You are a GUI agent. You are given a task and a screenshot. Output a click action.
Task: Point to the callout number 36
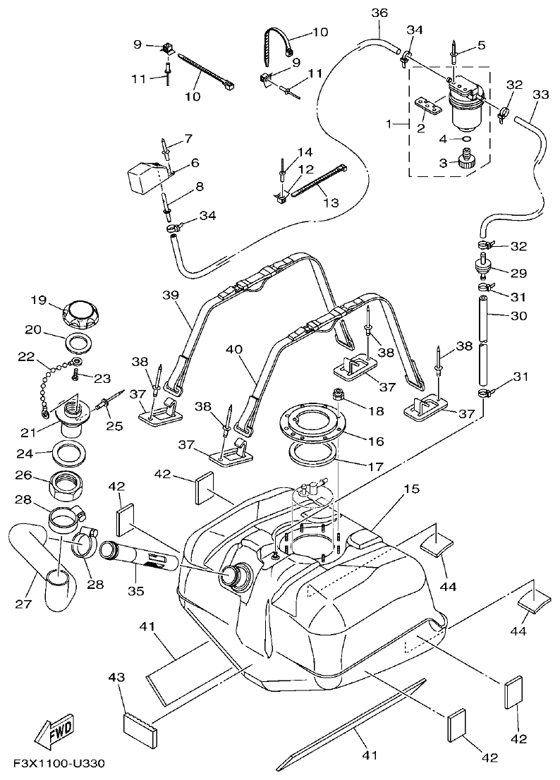tap(379, 13)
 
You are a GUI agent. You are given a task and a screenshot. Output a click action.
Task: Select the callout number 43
tap(116, 677)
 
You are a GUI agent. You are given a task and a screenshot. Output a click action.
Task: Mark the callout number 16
tap(375, 441)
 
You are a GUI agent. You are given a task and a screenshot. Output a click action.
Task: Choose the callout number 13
tap(331, 202)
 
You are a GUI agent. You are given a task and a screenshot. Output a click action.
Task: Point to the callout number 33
tap(540, 94)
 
